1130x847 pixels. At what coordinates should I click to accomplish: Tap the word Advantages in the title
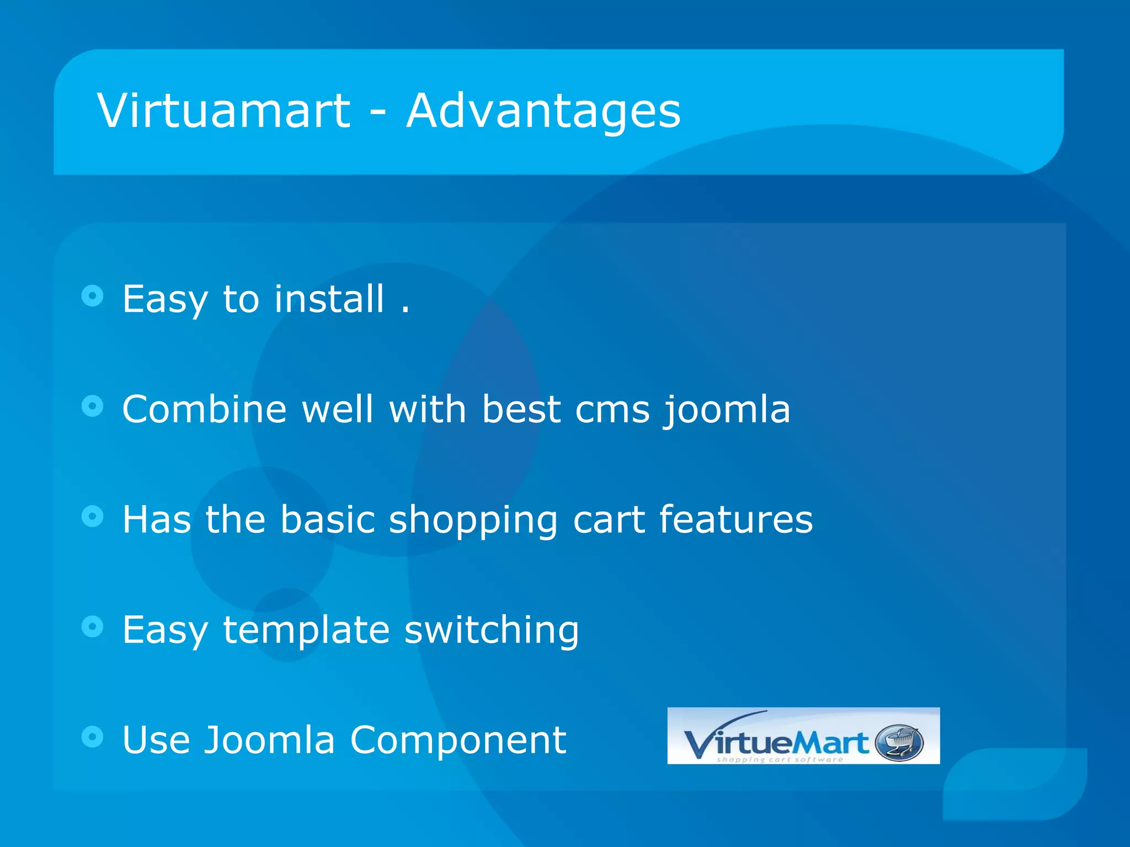[543, 111]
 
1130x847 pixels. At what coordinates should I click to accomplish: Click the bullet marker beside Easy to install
[92, 296]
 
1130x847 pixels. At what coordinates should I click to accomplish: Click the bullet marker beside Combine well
[92, 406]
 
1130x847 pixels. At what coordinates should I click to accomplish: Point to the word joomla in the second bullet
[727, 410]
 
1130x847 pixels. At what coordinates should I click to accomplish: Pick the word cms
[612, 410]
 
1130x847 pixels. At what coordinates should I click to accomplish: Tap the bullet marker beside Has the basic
[92, 517]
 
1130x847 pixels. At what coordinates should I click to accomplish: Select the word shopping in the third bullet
[473, 520]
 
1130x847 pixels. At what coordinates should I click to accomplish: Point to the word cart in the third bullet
[609, 520]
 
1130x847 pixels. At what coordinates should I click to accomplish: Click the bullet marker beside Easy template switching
[92, 626]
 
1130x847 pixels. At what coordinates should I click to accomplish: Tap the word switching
[492, 630]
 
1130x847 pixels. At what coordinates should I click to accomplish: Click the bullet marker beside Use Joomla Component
[92, 737]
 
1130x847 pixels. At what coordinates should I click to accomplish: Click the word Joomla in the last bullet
[270, 740]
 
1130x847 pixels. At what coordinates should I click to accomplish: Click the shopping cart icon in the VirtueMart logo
[899, 742]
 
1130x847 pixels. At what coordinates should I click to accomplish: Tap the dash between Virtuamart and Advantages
[378, 115]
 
